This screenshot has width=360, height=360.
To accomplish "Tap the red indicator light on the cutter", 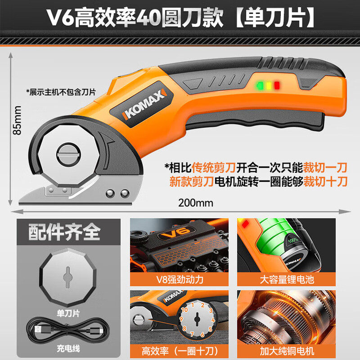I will [277, 85].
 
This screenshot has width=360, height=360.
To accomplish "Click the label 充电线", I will [67, 348].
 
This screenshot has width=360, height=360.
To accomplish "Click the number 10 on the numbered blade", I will [184, 310].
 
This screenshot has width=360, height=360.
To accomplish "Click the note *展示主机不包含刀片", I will [62, 92].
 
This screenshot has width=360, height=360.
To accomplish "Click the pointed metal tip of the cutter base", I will [22, 198].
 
